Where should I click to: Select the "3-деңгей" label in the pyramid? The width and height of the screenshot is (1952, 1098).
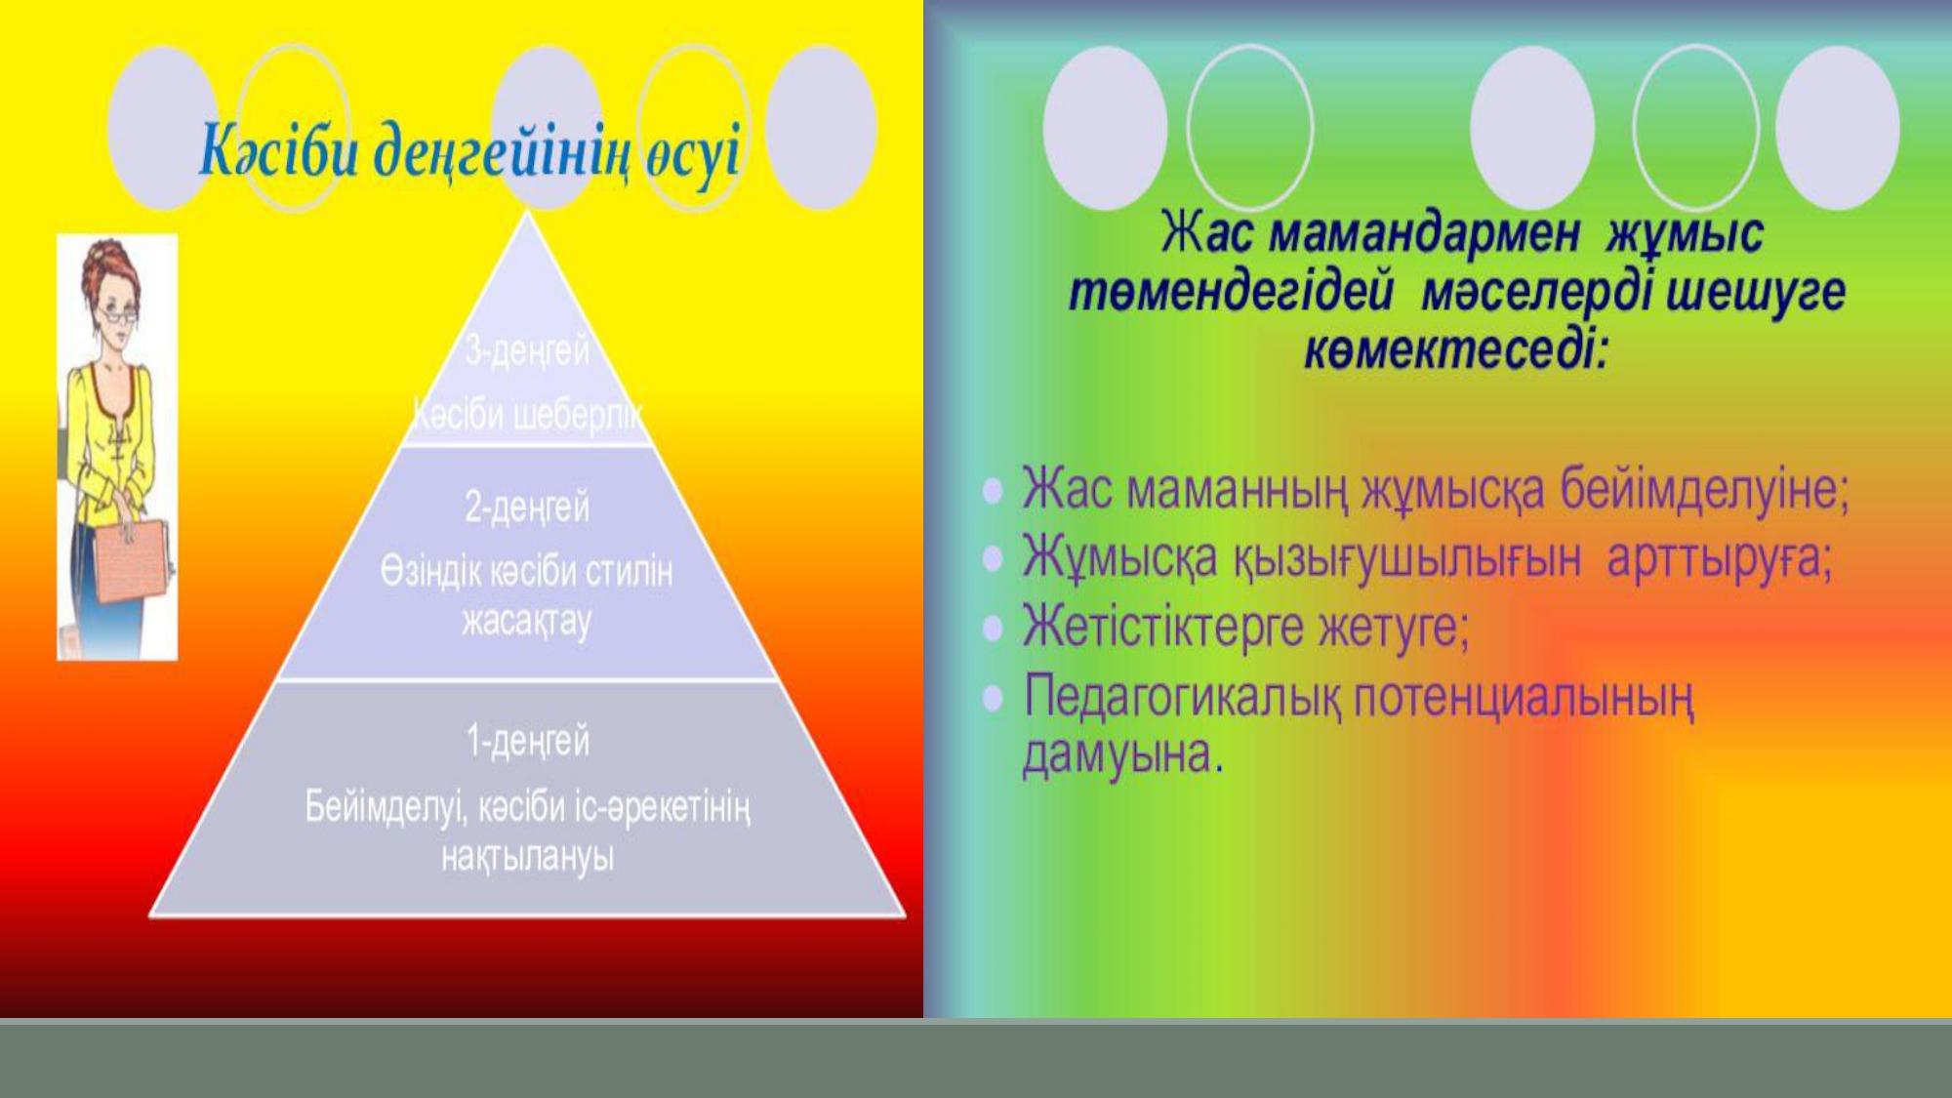[527, 350]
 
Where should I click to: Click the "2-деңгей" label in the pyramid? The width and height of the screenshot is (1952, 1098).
[527, 508]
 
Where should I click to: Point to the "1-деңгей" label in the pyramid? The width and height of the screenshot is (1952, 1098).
[527, 742]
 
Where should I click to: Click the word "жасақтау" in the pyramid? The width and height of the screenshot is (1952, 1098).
[527, 622]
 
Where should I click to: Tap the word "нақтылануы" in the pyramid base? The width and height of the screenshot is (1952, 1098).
[527, 858]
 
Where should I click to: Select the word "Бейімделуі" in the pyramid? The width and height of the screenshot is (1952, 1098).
[377, 808]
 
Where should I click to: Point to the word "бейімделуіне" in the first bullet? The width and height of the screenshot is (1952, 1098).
[1703, 489]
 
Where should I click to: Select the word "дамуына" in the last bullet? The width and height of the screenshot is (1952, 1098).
[1121, 753]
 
